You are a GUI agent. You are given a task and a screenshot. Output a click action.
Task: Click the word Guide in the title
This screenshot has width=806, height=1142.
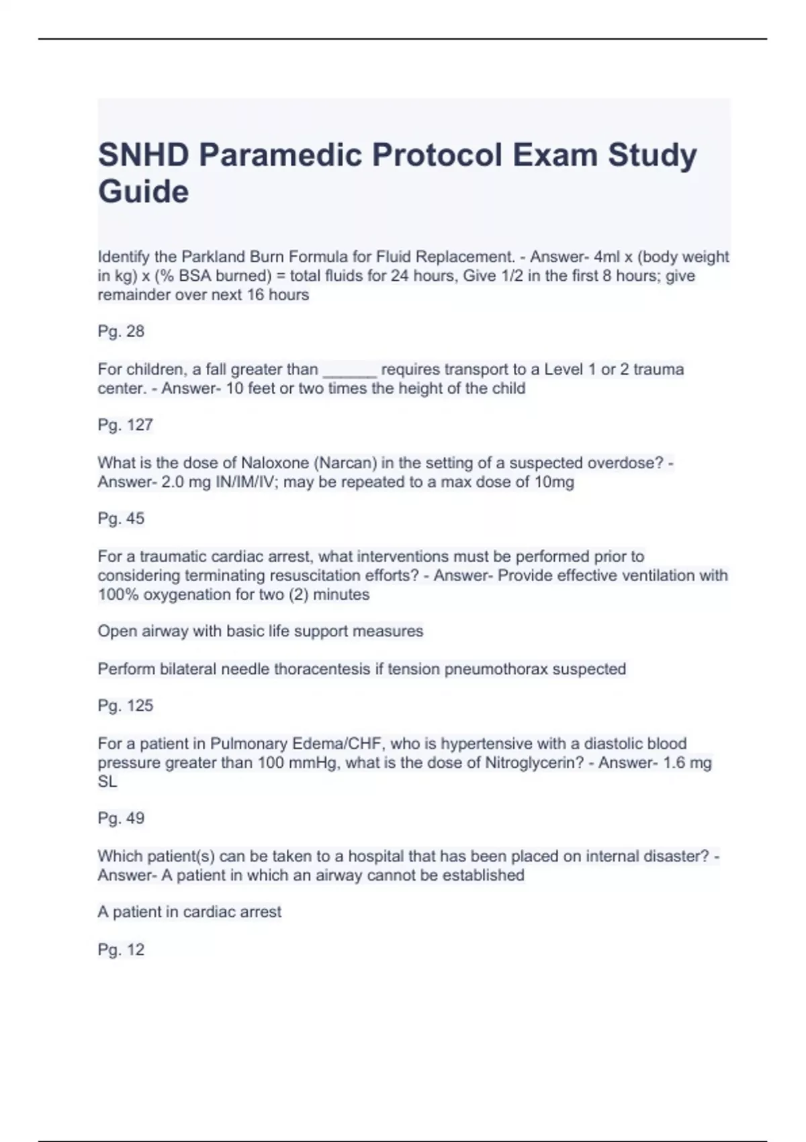(143, 192)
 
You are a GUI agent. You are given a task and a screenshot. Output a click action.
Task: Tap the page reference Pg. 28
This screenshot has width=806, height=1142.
(121, 331)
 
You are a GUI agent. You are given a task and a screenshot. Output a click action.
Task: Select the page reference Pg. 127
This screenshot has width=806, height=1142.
(125, 425)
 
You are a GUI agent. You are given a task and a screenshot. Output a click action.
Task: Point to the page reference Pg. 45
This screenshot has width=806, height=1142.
(121, 518)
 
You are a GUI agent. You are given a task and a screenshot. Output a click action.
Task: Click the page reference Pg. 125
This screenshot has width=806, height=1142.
(125, 705)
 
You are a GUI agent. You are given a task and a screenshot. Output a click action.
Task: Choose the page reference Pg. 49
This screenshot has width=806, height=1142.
(121, 818)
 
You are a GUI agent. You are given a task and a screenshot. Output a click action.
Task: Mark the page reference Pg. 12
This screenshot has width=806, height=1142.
(121, 949)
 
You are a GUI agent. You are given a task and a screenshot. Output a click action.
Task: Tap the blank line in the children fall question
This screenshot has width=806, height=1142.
(349, 371)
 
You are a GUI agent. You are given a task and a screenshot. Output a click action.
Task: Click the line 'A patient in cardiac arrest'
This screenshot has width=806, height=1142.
(189, 912)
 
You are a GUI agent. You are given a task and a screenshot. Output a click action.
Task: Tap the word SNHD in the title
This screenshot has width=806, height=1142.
(143, 156)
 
